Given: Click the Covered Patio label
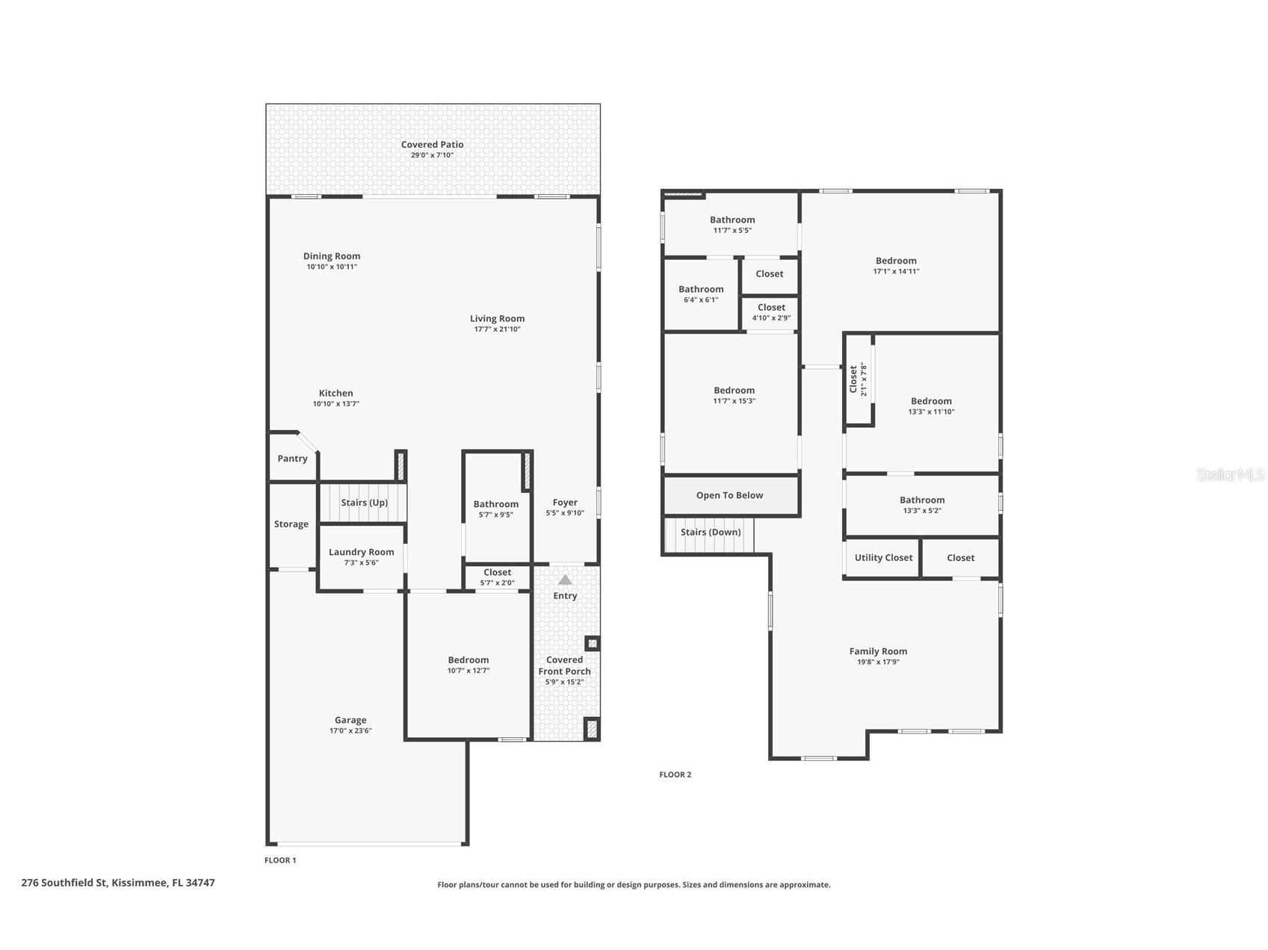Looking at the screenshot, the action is (432, 144).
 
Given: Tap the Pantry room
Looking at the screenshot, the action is (293, 457).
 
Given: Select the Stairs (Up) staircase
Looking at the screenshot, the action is (364, 503).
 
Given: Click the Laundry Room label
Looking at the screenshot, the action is (361, 552).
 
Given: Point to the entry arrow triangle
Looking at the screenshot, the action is (565, 580).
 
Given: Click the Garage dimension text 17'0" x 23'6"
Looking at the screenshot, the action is (350, 730).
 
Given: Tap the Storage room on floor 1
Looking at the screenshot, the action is (292, 525).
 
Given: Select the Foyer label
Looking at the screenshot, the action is (565, 503).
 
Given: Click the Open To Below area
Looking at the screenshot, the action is (731, 495).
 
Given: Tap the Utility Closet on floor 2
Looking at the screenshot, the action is (882, 557).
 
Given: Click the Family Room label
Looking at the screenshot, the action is (878, 651).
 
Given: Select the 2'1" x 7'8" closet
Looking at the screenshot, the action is (859, 379).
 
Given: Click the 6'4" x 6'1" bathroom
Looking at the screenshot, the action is (702, 294).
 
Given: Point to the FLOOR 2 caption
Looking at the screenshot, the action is (675, 774).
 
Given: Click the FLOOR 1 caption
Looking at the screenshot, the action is (280, 860).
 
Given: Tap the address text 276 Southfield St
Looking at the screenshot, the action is (64, 883).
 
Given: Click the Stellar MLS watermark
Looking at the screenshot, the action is (1231, 474).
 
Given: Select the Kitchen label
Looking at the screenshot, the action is (335, 393).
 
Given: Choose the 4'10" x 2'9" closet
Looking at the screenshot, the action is (771, 312).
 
